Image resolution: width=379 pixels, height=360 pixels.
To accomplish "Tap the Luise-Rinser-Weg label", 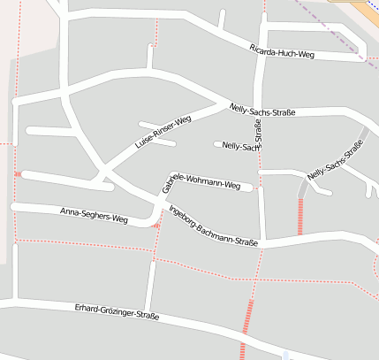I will [x=163, y=131].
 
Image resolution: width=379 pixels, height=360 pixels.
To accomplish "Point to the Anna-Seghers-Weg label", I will [x=94, y=214].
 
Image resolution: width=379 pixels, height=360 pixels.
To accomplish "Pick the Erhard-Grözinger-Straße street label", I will [x=117, y=311].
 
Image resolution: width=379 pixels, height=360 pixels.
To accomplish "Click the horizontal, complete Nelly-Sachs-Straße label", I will [x=261, y=110].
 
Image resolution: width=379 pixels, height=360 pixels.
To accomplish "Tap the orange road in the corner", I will [x=367, y=7].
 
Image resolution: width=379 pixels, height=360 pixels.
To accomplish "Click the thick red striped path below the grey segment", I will [x=300, y=216].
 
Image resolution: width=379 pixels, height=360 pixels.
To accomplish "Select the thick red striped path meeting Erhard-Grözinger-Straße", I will [x=246, y=329].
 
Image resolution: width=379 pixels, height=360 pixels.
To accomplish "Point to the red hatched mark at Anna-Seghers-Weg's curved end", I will [x=155, y=225].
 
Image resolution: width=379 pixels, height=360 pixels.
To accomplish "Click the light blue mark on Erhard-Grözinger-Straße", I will [x=285, y=356].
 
